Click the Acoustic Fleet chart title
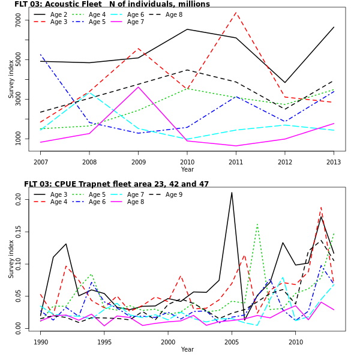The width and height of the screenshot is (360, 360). pyautogui.click(x=112, y=4)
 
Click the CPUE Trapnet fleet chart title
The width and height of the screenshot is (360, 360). pyautogui.click(x=116, y=184)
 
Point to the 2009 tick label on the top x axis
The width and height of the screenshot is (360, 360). pyautogui.click(x=138, y=162)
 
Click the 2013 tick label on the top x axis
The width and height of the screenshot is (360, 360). pyautogui.click(x=334, y=162)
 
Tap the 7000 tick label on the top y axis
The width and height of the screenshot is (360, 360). pyautogui.click(x=18, y=20)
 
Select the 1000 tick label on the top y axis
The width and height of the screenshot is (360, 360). pyautogui.click(x=18, y=139)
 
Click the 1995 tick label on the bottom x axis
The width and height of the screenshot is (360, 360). pyautogui.click(x=104, y=342)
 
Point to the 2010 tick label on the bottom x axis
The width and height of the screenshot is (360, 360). pyautogui.click(x=295, y=342)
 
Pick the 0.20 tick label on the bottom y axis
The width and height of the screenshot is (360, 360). pyautogui.click(x=18, y=199)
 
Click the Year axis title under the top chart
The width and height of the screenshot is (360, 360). pyautogui.click(x=187, y=170)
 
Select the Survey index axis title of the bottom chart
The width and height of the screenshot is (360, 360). pyautogui.click(x=11, y=259)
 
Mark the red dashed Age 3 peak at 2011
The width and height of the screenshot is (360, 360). pyautogui.click(x=236, y=13)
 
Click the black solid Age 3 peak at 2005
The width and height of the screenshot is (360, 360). pyautogui.click(x=232, y=193)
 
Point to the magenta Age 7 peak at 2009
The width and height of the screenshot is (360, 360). pyautogui.click(x=139, y=87)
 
